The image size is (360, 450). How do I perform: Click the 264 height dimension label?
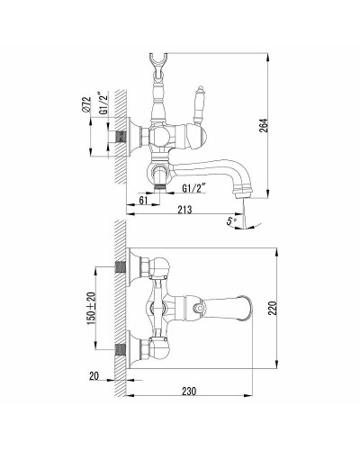click(263, 126)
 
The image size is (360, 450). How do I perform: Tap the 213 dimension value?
click(184, 210)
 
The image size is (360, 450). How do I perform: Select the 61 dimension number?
click(143, 200)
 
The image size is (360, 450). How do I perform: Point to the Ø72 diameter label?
click(86, 104)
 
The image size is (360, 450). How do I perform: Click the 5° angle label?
click(231, 221)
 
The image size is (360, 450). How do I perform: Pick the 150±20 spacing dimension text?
click(91, 308)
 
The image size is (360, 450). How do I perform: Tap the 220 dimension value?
click(273, 308)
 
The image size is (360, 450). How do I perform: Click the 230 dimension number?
click(189, 391)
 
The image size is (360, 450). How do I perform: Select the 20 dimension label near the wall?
click(94, 375)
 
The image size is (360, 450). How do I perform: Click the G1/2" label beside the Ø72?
click(103, 103)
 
